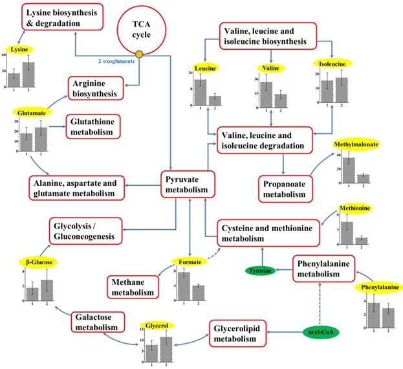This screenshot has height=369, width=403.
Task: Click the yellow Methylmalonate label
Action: [356, 144]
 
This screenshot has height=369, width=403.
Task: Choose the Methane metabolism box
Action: [133, 286]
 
